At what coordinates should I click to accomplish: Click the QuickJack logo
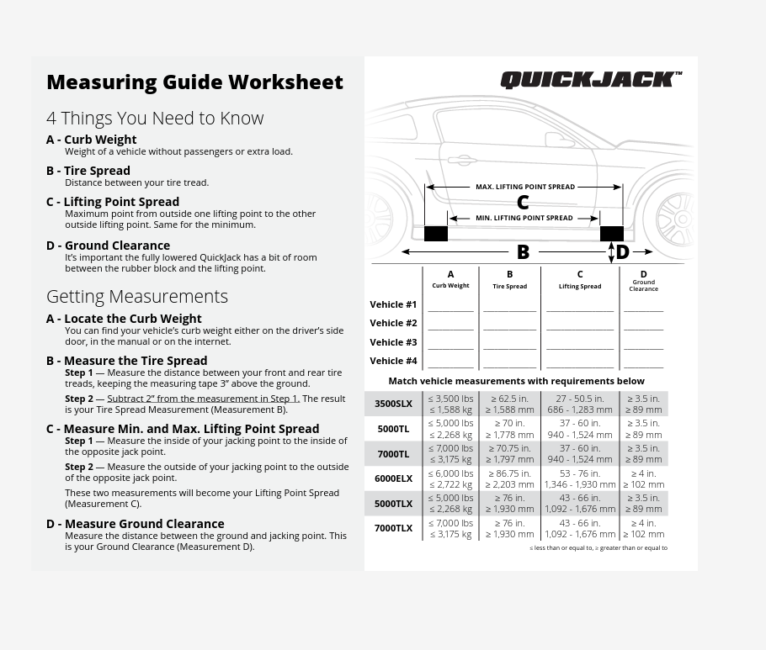coord(590,80)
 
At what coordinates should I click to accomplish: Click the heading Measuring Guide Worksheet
coord(194,82)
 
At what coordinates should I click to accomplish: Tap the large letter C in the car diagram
coord(523,202)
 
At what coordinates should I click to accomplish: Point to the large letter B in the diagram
coord(523,251)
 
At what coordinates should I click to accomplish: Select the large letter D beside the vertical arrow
coord(622,251)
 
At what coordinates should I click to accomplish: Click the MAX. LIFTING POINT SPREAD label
coord(524,187)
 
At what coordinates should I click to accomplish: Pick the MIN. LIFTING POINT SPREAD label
coord(524,218)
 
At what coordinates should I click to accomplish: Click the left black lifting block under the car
coord(435,234)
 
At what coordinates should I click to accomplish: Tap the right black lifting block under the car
coord(611,234)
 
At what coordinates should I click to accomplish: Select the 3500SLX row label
coord(393,404)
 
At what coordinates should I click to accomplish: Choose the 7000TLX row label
coord(393,528)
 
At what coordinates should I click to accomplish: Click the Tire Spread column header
coord(509,280)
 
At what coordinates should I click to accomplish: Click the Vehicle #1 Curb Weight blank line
coord(450,309)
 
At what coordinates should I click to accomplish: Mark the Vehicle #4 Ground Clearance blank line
coord(643,366)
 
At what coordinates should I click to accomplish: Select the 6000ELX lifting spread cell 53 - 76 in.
coord(579,473)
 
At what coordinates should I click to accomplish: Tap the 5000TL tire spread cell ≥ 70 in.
coord(509,424)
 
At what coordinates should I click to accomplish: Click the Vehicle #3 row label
coord(393,342)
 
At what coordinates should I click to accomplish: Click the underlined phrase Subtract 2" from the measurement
coord(203,399)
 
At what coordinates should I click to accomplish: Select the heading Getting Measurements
coord(137,296)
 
